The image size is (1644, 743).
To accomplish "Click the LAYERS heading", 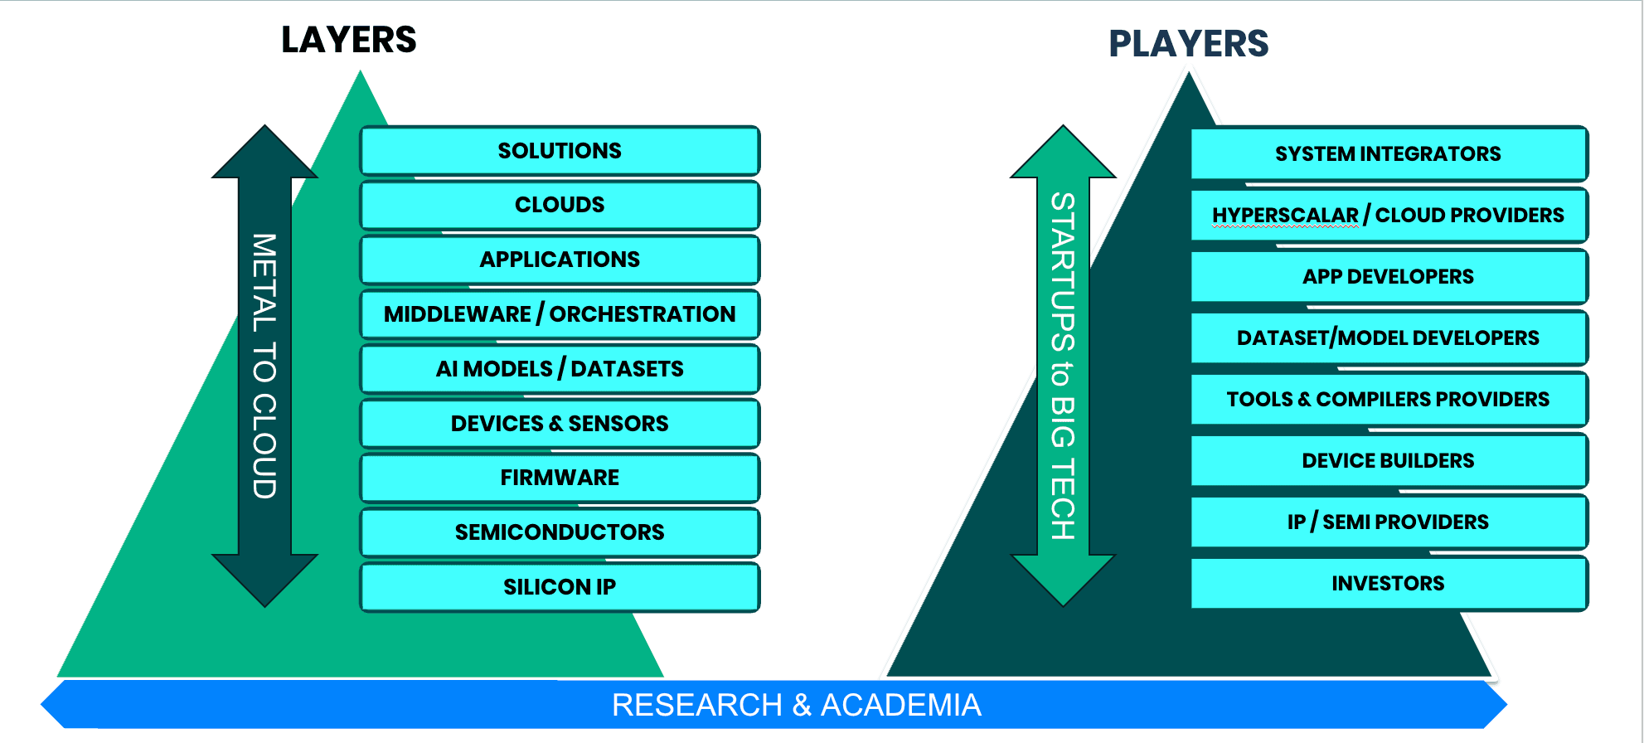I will [348, 40].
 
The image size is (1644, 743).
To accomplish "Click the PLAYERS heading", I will [1188, 44].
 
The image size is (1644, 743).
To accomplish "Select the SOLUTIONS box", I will [560, 151].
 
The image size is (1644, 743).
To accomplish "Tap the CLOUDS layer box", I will [560, 205].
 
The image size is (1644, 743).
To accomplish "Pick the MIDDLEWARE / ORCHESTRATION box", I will [560, 314].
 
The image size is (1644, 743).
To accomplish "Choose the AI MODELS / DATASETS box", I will [560, 369].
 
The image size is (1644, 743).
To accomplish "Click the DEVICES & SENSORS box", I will [560, 424].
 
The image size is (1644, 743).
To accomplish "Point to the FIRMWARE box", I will [560, 478].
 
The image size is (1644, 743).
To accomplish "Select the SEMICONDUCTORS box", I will [560, 532].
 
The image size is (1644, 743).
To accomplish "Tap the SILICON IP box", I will [560, 587].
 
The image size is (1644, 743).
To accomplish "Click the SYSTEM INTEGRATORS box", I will [1388, 154].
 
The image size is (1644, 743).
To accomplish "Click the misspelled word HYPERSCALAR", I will [1285, 216].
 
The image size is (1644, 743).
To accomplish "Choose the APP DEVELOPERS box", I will [1388, 277].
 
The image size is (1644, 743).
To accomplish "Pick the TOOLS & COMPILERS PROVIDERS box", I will [1388, 400].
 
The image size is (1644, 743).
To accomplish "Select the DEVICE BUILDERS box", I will [1388, 461].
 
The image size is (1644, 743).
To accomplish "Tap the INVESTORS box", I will [1388, 584].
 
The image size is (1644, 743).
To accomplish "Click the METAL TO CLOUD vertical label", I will [264, 366].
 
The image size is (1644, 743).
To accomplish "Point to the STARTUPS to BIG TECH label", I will [1063, 366].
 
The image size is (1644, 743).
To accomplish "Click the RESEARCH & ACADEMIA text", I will [796, 705].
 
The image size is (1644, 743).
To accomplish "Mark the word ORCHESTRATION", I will [643, 314].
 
